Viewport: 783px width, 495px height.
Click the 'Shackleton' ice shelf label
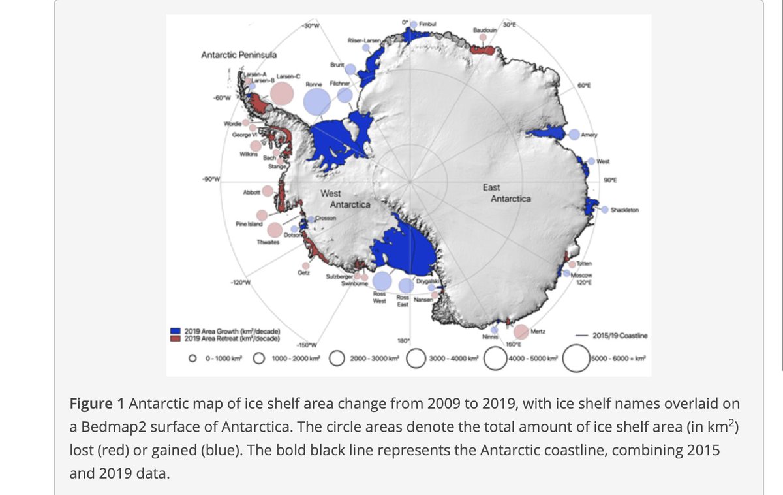click(625, 210)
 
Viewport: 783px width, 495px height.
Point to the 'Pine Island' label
click(249, 224)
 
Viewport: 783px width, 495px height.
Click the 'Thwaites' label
click(268, 242)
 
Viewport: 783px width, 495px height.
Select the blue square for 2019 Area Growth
click(176, 331)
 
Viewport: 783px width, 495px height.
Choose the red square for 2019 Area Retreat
click(176, 338)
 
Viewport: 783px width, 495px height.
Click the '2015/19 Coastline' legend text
click(620, 336)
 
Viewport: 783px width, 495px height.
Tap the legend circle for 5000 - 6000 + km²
click(577, 358)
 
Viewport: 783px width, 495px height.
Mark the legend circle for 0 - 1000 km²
click(193, 358)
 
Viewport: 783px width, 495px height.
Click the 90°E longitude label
click(611, 179)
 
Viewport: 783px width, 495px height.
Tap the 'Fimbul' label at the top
click(428, 24)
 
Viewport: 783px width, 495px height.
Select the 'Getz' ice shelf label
click(303, 272)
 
